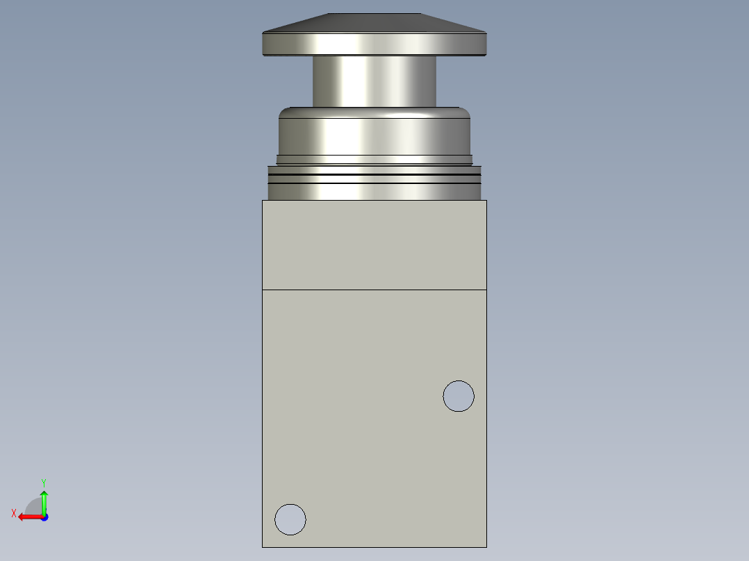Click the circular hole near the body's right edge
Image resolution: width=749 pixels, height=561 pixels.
(459, 396)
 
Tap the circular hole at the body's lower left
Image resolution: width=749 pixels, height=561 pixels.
(290, 519)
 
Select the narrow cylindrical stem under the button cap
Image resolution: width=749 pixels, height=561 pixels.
(374, 81)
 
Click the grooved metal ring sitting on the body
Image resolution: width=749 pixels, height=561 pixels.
(374, 183)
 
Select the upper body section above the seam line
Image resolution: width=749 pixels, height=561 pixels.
(374, 244)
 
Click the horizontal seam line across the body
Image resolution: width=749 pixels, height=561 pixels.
(374, 290)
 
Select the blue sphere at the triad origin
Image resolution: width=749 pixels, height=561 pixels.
(44, 517)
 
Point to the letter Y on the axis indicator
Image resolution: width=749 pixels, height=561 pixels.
(43, 482)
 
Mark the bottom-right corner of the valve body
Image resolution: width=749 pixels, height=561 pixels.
(486, 547)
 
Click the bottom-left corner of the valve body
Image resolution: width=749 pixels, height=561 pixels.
(263, 547)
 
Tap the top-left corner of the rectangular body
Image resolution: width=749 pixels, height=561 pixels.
(263, 201)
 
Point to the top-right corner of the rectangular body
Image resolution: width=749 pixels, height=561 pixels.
(486, 201)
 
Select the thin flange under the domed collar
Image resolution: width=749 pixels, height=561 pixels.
(374, 159)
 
